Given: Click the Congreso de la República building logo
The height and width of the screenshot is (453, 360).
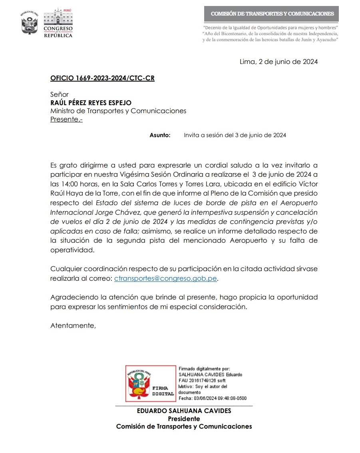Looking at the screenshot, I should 58,23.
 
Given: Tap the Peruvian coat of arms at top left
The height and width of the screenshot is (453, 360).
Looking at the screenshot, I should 29,23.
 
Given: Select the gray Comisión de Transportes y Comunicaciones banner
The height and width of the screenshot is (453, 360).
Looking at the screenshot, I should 272,14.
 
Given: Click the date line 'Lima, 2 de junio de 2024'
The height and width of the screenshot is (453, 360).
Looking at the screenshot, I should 278,62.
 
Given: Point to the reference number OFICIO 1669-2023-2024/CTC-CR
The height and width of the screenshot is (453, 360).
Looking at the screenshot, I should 102,78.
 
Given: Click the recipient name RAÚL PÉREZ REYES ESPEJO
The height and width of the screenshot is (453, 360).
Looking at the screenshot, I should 91,103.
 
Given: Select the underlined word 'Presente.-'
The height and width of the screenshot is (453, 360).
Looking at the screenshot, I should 66,119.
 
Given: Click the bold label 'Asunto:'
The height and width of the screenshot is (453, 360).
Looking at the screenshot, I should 160,136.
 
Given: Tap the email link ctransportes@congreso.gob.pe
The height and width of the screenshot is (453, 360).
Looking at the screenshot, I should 166,279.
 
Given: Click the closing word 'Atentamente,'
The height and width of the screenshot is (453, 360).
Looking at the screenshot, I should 73,325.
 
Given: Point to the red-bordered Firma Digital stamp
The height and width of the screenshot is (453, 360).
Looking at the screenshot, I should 151,383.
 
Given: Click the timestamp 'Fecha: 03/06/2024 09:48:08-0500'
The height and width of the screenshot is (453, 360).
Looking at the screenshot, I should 212,398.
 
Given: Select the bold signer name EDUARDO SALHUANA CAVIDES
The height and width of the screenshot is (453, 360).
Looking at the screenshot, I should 184,411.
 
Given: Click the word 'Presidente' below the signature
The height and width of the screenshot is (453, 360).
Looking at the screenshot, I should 184,419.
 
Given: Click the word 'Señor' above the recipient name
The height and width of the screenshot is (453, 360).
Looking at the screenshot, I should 60,95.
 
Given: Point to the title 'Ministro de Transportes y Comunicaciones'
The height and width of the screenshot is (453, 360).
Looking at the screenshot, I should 118,111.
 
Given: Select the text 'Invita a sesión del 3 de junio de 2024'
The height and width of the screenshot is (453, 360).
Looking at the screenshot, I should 235,136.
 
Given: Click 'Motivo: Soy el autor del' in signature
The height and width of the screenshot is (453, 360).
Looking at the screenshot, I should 203,387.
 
